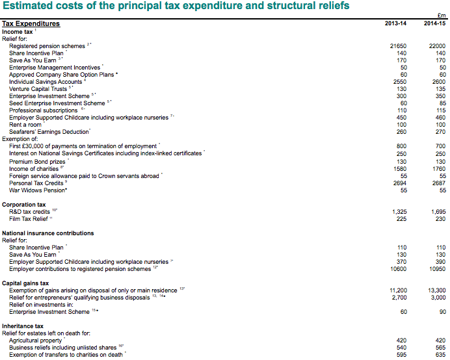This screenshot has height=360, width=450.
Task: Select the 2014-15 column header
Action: (434, 24)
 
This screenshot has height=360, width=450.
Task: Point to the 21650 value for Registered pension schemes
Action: (397, 46)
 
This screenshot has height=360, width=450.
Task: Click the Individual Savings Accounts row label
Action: (46, 82)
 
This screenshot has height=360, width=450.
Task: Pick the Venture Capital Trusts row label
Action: (40, 89)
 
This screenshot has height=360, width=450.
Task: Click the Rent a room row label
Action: (26, 124)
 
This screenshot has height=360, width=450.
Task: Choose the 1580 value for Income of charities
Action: (399, 168)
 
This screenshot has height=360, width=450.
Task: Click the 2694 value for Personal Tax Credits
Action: (399, 183)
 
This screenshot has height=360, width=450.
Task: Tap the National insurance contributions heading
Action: (47, 233)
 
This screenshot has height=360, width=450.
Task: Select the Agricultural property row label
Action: (36, 340)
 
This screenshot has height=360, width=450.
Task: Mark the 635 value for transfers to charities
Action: (440, 354)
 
